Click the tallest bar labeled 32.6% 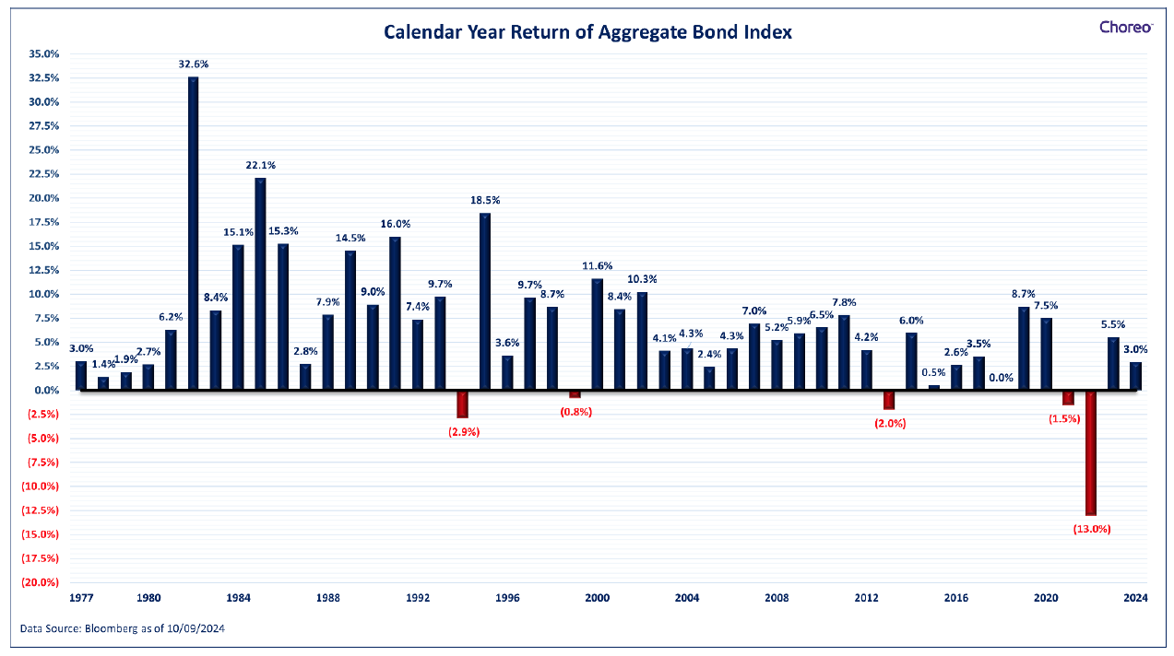(194, 233)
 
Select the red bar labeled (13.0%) (1091, 453)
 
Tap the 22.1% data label (260, 166)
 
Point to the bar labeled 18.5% (485, 301)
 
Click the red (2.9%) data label (464, 432)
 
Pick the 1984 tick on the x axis (239, 598)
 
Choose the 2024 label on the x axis (1135, 598)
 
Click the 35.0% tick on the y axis (44, 54)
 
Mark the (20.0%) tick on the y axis (40, 582)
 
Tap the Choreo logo (1126, 28)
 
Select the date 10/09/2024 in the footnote (196, 628)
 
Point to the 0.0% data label (1001, 378)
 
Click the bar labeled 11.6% (598, 334)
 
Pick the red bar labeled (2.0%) (889, 400)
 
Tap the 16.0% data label (396, 224)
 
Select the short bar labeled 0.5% (934, 387)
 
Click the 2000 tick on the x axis (598, 598)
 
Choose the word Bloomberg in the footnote (111, 628)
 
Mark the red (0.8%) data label (576, 412)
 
